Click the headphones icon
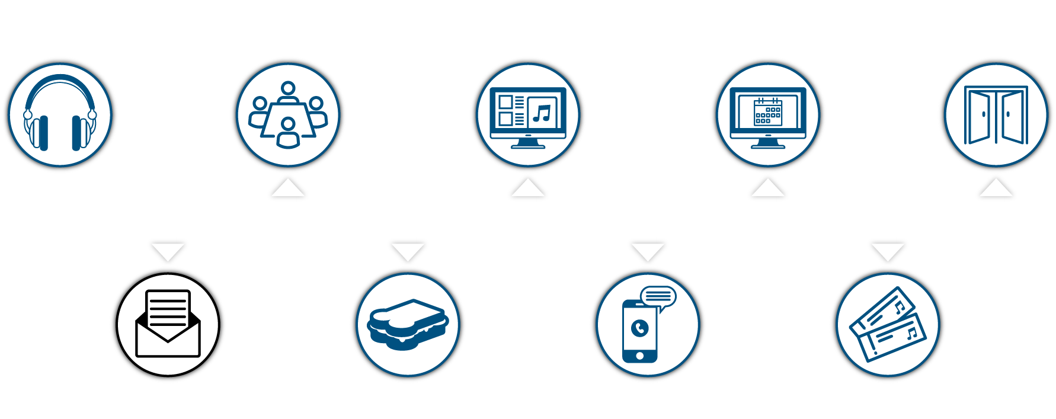(60, 114)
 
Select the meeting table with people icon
(288, 114)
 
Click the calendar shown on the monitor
(768, 112)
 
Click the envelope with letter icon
(168, 324)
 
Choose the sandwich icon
(408, 324)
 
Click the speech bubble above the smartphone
(658, 296)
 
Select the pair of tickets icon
(887, 324)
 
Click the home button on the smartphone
(639, 356)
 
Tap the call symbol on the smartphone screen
(640, 328)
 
